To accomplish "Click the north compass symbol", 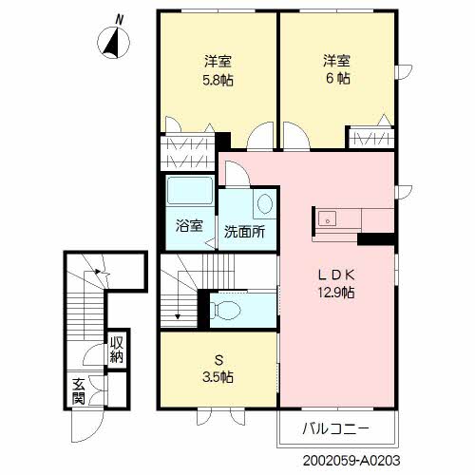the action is tap(113, 43).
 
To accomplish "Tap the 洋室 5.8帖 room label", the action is tap(218, 70).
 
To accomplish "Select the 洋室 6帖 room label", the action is tap(337, 69).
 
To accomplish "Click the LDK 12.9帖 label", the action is tap(336, 284).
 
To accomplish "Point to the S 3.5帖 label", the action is tap(218, 369).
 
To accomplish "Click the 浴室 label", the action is tap(189, 226).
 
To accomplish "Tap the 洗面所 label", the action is tap(244, 232).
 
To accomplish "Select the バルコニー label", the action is tap(336, 428).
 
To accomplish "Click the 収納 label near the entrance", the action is tap(117, 350).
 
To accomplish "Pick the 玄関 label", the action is tap(78, 391).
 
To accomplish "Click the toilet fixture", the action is tap(225, 310).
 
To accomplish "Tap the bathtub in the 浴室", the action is tap(190, 191).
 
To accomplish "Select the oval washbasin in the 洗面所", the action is tap(265, 203).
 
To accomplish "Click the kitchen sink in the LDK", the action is tap(327, 219).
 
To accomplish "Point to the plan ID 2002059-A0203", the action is tap(351, 461).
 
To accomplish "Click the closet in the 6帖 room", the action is tap(371, 138).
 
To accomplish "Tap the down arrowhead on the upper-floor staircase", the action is tap(178, 316).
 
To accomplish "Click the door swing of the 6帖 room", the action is tap(296, 136).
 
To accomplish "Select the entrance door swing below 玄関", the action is tap(87, 427).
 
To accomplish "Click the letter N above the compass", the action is tap(119, 20).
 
